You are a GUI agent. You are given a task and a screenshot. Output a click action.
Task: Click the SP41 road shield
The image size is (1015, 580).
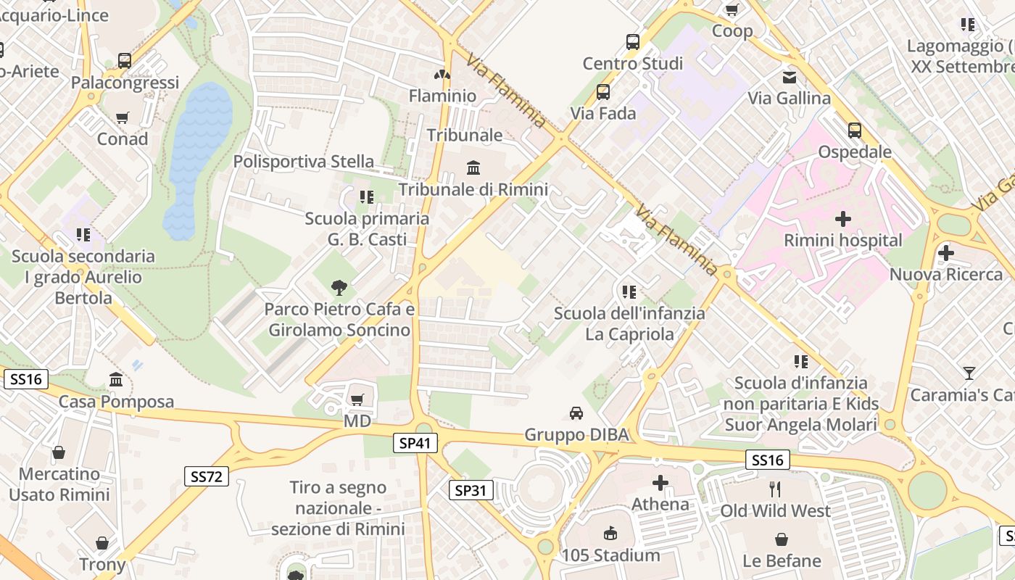click(416, 443)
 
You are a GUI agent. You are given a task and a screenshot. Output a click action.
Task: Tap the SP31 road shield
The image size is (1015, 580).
click(471, 490)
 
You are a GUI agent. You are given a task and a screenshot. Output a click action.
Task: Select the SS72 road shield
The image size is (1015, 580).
click(207, 476)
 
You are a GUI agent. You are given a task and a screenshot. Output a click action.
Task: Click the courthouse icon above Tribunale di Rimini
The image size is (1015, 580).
click(473, 168)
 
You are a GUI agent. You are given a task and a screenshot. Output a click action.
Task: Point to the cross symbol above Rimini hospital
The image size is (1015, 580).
click(843, 218)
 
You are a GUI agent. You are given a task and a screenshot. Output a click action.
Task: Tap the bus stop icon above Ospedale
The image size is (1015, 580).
click(855, 130)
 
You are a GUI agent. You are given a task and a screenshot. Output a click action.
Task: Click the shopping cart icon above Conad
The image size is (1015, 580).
click(123, 117)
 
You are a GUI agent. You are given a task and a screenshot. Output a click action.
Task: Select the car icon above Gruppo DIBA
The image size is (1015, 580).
click(576, 413)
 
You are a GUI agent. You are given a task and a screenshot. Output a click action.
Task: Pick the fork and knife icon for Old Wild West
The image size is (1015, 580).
click(775, 489)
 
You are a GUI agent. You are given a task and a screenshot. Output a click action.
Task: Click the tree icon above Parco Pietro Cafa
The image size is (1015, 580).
click(339, 288)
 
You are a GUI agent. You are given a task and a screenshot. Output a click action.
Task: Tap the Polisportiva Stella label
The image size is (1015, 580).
click(304, 161)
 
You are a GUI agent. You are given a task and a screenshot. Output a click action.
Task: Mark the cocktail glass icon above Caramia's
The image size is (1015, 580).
click(969, 373)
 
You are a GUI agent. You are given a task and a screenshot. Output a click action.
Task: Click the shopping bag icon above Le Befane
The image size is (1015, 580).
click(782, 539)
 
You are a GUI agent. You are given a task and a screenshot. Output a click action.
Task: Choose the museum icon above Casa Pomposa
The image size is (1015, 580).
click(116, 380)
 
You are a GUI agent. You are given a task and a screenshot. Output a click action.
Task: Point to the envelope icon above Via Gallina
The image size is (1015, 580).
click(789, 77)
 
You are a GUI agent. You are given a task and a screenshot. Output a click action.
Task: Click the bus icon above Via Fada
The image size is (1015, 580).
click(603, 92)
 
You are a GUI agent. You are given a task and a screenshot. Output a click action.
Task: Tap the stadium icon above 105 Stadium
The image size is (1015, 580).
click(610, 534)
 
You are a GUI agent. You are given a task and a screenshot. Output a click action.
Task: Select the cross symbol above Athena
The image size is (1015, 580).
click(660, 483)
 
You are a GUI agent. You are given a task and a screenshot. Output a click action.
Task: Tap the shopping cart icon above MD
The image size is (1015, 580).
click(357, 399)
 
